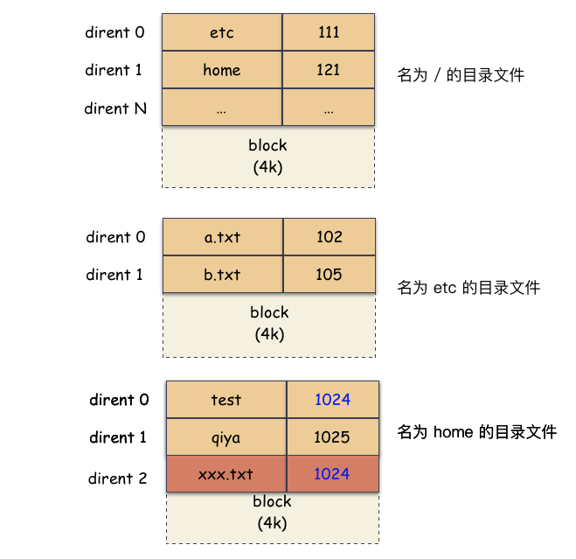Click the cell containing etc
pos(222,32)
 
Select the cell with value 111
pos(328,32)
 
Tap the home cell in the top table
pos(222,70)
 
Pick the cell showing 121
pos(328,70)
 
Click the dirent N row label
pos(115,108)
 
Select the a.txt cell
pos(223,237)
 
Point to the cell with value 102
pos(329,237)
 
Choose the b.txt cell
pos(223,275)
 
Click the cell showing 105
pos(329,275)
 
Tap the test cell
pos(226,400)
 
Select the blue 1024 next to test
pos(332,400)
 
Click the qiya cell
pos(226,437)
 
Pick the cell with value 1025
pos(332,437)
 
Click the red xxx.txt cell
pos(226,474)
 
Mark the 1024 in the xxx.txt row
pos(332,474)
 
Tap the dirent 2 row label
pos(118,479)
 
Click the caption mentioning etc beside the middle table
pos(468,287)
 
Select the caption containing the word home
pos(476,432)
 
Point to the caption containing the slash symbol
pos(461,75)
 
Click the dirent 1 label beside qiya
pos(118,437)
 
